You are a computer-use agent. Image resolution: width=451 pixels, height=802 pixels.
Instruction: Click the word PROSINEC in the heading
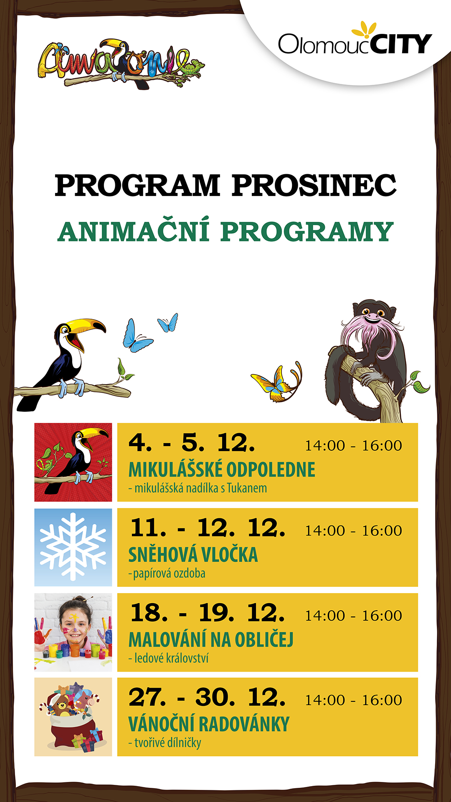point(314,185)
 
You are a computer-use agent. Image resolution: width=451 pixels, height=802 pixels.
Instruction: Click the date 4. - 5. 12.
point(192,443)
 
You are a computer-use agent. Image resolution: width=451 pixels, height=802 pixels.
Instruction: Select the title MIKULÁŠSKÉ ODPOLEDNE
point(222,470)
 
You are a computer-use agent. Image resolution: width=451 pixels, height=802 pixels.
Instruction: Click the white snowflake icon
point(73,547)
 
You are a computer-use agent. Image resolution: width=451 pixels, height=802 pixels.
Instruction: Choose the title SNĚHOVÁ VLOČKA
point(193,555)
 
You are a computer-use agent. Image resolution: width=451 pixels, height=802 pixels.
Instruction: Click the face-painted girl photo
point(73,632)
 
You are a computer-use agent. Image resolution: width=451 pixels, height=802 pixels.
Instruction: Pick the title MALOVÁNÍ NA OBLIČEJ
point(211,640)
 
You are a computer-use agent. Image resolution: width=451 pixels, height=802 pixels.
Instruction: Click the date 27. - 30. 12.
point(207,697)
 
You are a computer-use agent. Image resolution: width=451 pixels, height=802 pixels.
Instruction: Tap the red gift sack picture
point(73,717)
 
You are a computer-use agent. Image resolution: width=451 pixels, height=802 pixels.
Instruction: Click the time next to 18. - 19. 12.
point(353,615)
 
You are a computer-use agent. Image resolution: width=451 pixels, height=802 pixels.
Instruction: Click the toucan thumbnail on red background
point(73,462)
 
